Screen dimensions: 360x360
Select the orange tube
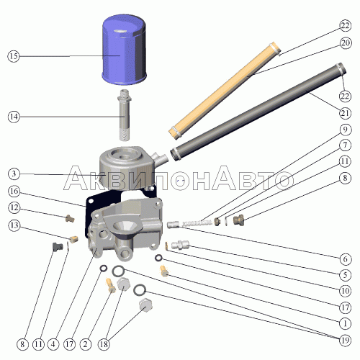coord(225,91)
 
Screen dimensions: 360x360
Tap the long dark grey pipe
coord(258,112)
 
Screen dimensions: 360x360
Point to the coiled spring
coord(198,223)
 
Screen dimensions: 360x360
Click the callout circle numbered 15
coord(14,56)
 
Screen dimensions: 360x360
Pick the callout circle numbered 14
coord(14,117)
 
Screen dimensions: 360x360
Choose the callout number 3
coord(14,174)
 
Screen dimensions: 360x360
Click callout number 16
coord(14,191)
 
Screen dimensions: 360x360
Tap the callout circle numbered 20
coord(346,43)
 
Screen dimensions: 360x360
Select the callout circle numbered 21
coord(345,113)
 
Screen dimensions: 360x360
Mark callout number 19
coord(345,340)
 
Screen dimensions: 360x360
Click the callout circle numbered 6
coord(345,259)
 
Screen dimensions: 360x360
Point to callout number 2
coord(85,344)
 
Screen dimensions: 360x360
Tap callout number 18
coord(104,344)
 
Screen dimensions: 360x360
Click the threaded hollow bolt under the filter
coord(124,114)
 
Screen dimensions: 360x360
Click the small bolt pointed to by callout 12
coord(70,218)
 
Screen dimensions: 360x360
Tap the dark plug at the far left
coord(58,246)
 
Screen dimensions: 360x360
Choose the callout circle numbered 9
coord(345,130)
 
